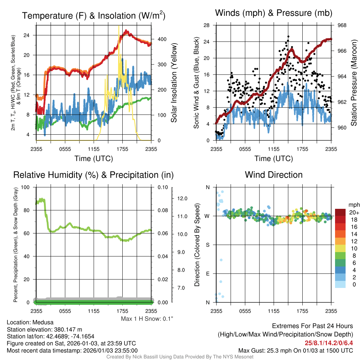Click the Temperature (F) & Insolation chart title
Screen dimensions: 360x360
point(94,16)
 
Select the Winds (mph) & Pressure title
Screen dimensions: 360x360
point(274,13)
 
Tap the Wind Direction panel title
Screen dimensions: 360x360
point(274,175)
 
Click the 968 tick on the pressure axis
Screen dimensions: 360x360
point(342,25)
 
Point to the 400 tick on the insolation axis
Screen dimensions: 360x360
point(157,39)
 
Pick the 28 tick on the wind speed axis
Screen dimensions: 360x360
point(207,25)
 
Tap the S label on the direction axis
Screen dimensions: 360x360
point(208,245)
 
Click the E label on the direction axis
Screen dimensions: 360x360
point(208,274)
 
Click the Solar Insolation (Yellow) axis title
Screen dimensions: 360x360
point(174,83)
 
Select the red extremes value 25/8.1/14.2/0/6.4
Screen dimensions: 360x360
point(328,343)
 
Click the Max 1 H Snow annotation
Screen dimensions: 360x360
point(147,319)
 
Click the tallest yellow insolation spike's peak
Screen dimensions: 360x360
point(119,26)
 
